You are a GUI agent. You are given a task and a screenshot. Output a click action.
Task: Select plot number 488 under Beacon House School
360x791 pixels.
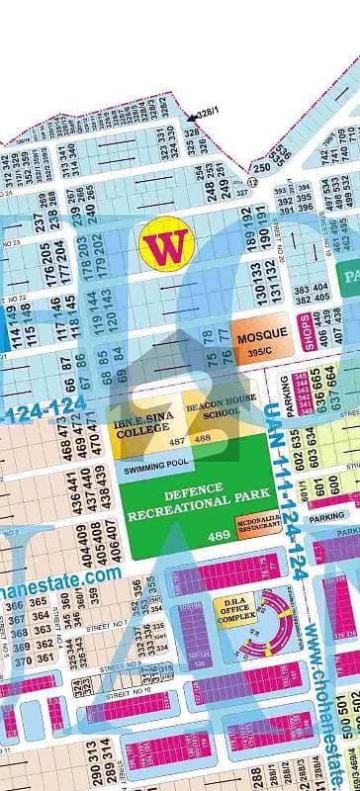click(x=203, y=439)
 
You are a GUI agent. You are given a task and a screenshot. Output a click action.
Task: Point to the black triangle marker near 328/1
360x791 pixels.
click(x=191, y=119)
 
